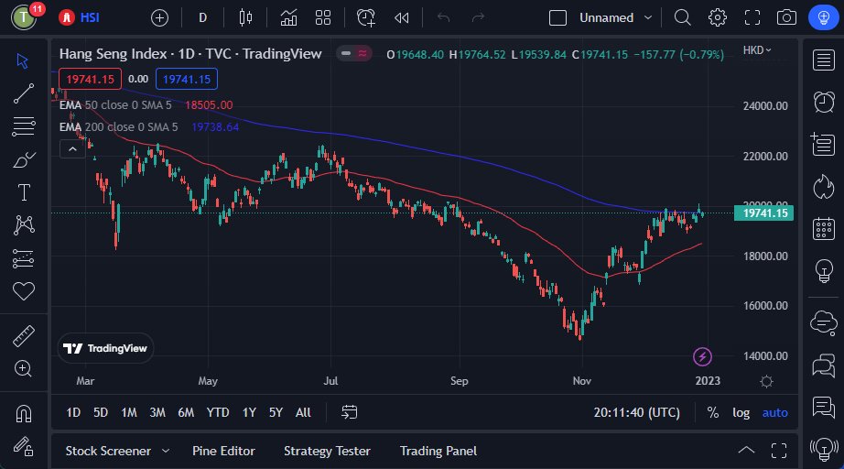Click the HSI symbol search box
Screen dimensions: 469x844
pos(81,17)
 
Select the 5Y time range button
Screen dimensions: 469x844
pos(276,412)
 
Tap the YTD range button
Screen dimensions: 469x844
pos(218,412)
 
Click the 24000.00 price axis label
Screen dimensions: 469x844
pos(765,106)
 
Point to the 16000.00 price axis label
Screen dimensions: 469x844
pos(765,306)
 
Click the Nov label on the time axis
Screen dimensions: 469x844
pos(581,380)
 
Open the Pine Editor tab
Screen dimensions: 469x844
pos(223,451)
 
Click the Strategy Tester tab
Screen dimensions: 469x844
pos(327,451)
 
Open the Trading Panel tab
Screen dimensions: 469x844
pos(438,451)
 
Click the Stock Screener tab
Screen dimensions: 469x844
pos(107,451)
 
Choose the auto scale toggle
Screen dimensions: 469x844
pos(774,412)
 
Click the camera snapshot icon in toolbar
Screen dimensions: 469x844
pos(786,17)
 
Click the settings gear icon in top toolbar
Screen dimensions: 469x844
pos(718,17)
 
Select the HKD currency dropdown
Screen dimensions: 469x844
pos(757,49)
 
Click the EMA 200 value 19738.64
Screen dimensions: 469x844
pos(215,126)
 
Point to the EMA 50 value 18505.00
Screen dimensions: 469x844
pos(209,105)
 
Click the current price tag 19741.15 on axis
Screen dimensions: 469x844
pos(765,213)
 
